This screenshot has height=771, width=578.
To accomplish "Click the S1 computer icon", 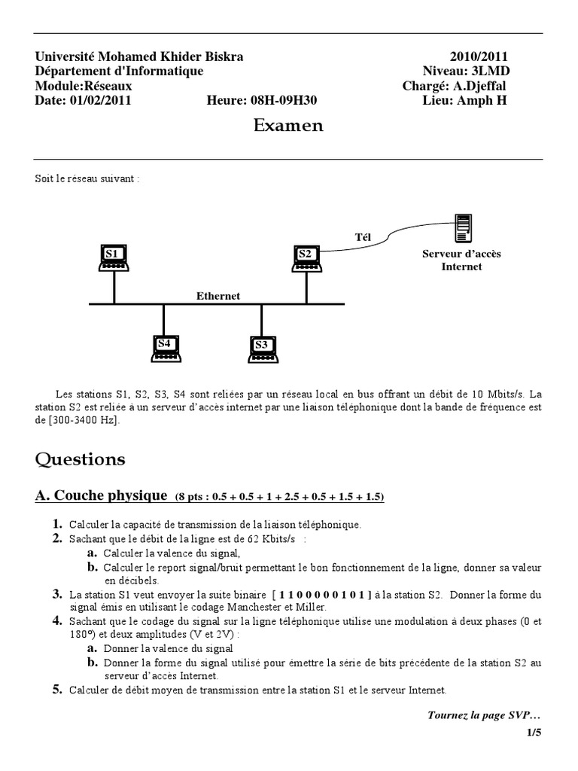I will tap(114, 258).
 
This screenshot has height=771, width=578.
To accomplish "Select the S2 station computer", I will tap(307, 258).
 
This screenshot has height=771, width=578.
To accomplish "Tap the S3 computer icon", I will tap(263, 347).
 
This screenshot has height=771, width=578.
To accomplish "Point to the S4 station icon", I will tap(165, 347).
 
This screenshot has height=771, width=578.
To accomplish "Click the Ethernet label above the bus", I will tap(218, 296).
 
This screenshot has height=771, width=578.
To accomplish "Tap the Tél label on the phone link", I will tap(364, 237).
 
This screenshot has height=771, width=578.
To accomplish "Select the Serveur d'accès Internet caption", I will tap(461, 260).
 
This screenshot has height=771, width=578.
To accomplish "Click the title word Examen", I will tap(288, 126).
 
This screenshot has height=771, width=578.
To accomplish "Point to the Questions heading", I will tap(81, 459).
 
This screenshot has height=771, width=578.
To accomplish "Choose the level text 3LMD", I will tap(488, 71).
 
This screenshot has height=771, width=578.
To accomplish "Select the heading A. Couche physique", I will tap(102, 495).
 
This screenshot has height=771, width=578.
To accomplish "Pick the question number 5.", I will tap(56, 689).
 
